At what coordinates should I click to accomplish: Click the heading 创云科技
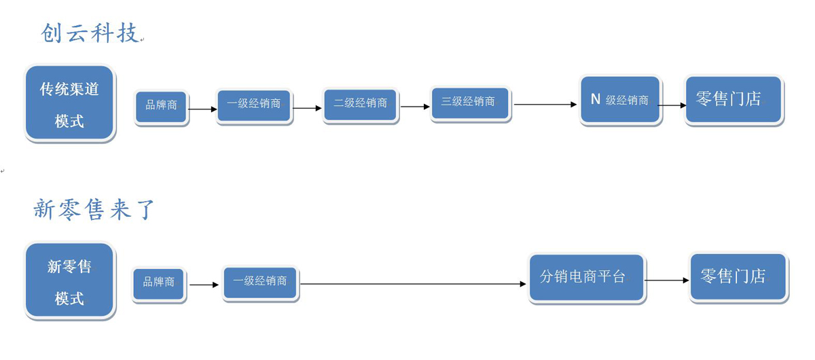coord(90,33)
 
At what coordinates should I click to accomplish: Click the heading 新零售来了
coord(94,209)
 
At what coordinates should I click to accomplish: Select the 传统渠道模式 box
coord(69,103)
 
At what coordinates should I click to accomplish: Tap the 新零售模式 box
coord(69,281)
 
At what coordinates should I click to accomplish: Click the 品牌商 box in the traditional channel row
coord(161,106)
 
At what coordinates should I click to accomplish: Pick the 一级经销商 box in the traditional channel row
coord(254,105)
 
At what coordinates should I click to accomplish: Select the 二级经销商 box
coord(360,104)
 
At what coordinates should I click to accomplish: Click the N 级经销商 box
coord(620,100)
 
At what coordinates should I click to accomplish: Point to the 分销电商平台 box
coord(587,278)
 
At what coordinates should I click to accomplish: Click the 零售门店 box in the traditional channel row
coord(733,100)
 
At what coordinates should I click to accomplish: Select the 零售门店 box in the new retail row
coord(738,277)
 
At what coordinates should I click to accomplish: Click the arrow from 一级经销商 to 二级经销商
coord(307,108)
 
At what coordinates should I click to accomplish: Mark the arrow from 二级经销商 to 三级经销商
coord(415,107)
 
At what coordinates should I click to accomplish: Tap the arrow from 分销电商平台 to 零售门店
coord(667,280)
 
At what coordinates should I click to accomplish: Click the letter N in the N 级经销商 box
coord(596,99)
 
